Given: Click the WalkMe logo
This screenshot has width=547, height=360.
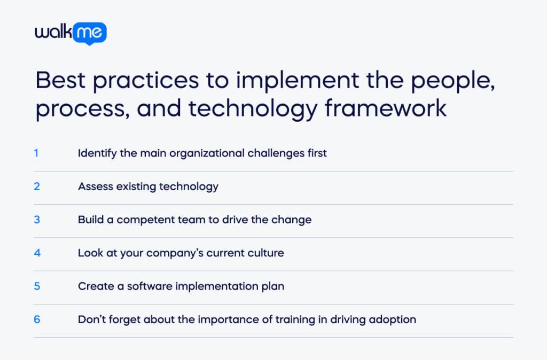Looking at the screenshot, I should pyautogui.click(x=71, y=33).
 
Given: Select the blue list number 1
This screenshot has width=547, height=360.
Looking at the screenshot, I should pyautogui.click(x=36, y=153).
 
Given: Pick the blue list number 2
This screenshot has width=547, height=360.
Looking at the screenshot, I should pyautogui.click(x=37, y=186).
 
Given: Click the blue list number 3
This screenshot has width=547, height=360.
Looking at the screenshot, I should pyautogui.click(x=37, y=220).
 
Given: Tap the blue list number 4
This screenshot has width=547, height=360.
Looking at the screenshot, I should pyautogui.click(x=37, y=253).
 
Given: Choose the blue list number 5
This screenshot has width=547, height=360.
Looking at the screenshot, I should pyautogui.click(x=37, y=286).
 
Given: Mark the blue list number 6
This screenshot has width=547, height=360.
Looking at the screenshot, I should pyautogui.click(x=37, y=319).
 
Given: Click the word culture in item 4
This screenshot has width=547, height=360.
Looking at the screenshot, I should pyautogui.click(x=265, y=253).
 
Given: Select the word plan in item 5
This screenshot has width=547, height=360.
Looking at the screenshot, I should pyautogui.click(x=272, y=286).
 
